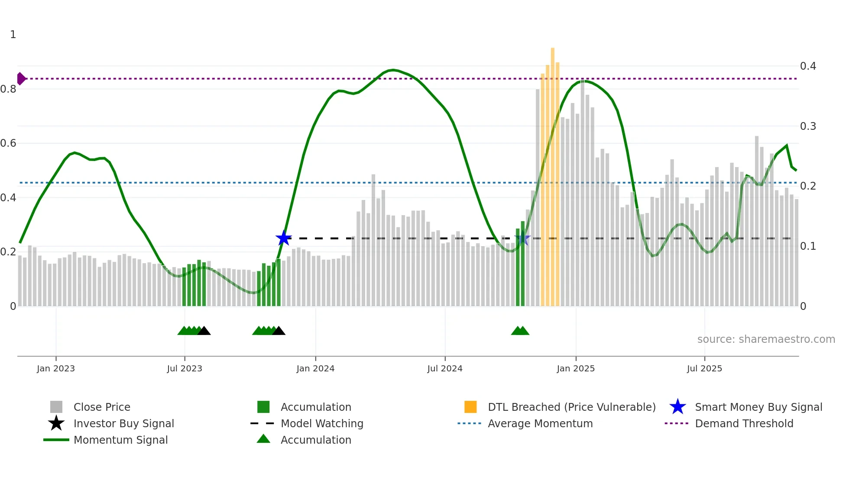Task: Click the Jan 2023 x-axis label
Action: click(56, 368)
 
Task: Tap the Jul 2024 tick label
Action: click(445, 368)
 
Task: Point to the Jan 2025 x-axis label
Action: click(576, 368)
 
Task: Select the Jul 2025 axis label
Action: click(704, 368)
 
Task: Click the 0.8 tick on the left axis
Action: click(8, 89)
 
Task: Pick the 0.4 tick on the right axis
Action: click(808, 66)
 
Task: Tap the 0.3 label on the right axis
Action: click(808, 126)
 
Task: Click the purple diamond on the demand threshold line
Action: click(21, 79)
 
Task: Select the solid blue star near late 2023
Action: click(284, 238)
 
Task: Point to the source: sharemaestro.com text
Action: click(766, 339)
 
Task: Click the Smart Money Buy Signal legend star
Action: click(677, 407)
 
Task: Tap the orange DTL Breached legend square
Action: click(470, 407)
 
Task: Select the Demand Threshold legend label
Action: click(744, 423)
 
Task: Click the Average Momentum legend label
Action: click(540, 423)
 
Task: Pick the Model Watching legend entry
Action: click(322, 423)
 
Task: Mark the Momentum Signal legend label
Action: click(120, 440)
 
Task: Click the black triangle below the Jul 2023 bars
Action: click(204, 331)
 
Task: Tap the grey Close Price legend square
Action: click(56, 407)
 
